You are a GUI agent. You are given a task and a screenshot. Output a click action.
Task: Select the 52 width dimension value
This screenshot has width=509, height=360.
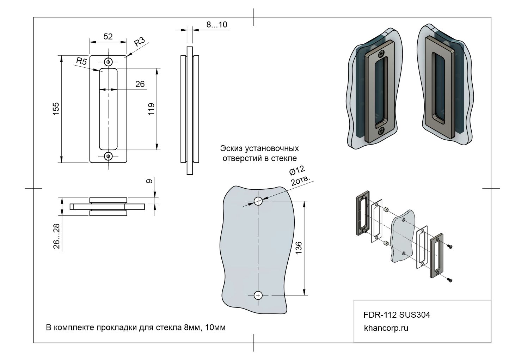[x=108, y=36]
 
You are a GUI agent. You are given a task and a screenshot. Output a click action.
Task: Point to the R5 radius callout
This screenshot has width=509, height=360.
[x=81, y=61]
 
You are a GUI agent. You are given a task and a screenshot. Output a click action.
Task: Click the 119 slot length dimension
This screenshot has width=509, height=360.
[x=152, y=109]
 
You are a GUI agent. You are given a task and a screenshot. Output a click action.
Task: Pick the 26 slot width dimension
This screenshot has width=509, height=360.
[x=140, y=84]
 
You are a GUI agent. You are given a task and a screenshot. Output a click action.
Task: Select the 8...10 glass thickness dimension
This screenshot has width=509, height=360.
[x=217, y=25]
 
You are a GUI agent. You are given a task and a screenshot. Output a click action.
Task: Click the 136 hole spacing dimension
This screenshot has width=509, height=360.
[x=298, y=248]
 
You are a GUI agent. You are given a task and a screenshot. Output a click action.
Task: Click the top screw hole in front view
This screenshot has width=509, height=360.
[x=108, y=62]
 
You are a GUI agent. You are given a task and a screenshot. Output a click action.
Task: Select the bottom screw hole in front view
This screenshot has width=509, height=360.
[x=108, y=155]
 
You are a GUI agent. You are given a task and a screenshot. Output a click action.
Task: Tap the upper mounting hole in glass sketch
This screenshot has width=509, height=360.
[x=258, y=201]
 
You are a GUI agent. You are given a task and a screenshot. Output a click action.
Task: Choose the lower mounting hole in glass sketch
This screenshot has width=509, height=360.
[x=258, y=295]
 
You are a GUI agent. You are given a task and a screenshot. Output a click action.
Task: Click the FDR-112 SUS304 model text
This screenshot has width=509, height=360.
[x=397, y=315]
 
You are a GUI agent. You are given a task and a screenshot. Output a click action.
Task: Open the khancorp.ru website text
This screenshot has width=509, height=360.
[x=386, y=328]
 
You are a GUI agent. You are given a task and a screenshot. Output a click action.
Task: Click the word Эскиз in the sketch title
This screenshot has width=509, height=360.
[x=231, y=148]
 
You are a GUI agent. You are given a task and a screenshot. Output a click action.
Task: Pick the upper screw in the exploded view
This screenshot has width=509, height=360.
[x=449, y=246]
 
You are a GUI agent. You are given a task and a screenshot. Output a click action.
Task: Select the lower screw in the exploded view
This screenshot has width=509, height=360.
[x=449, y=280]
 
